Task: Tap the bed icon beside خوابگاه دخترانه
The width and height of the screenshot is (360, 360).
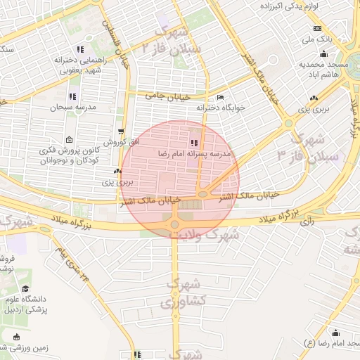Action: [x=221, y=98]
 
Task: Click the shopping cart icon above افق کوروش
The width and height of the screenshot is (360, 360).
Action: [x=122, y=131]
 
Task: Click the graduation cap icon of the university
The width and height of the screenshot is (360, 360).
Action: [x=26, y=289]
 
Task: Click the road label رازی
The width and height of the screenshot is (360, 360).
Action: [x=307, y=222]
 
